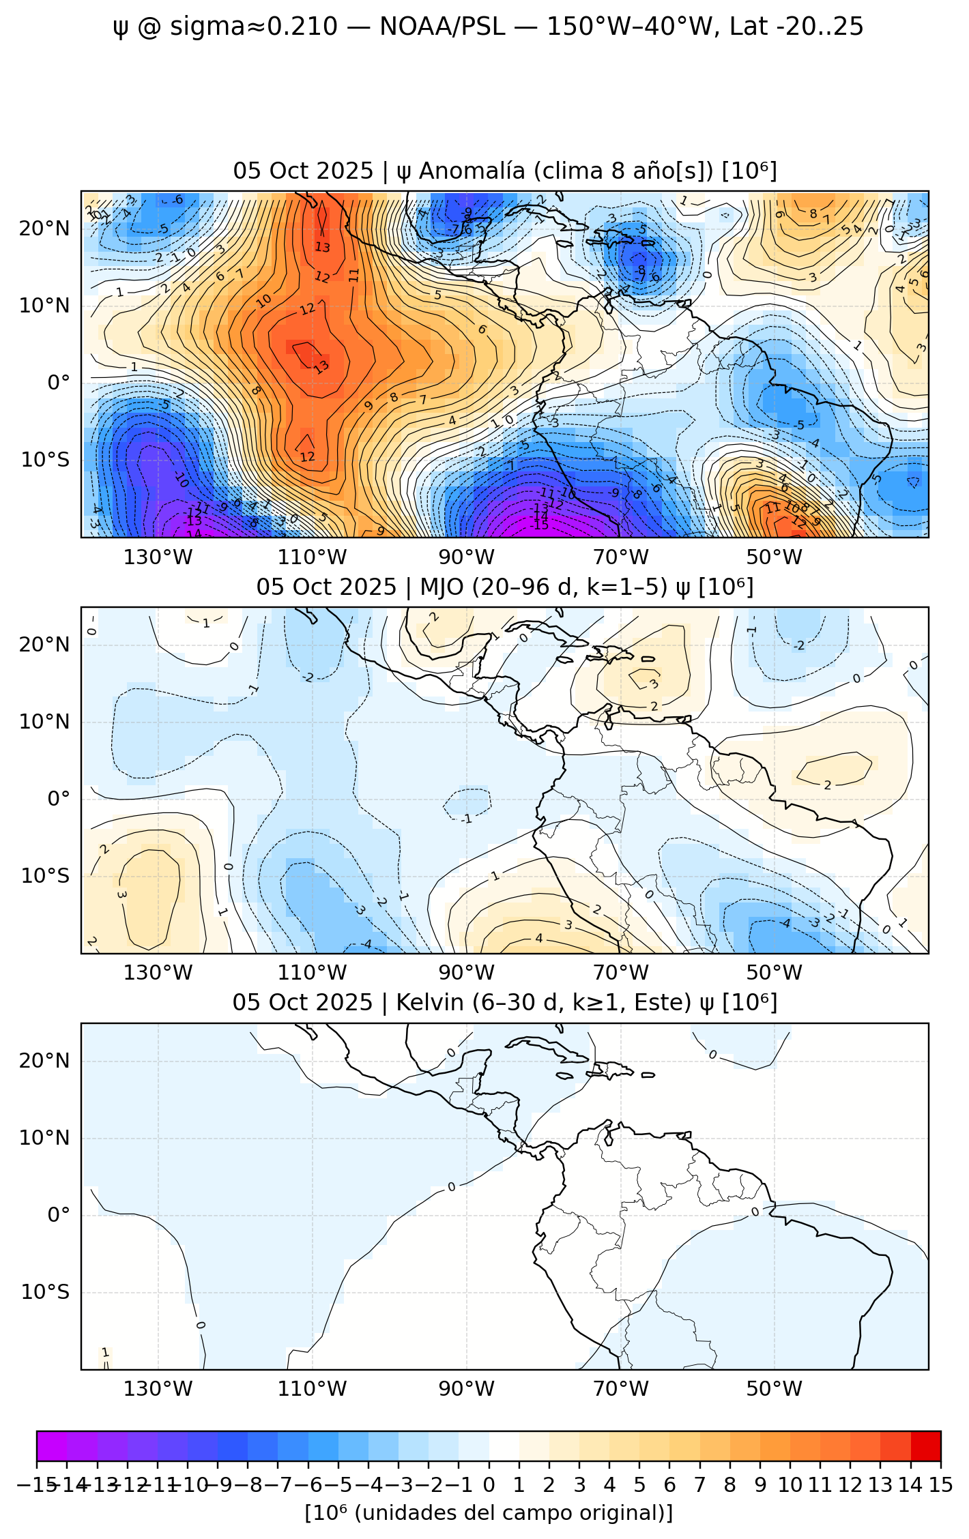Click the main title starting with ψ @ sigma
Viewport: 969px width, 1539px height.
pyautogui.click(x=488, y=27)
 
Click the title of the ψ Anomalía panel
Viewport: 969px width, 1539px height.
pyautogui.click(x=505, y=171)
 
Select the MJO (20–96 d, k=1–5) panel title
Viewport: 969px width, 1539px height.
pyautogui.click(x=505, y=587)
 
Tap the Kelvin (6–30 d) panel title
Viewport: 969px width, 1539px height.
pyautogui.click(x=505, y=1003)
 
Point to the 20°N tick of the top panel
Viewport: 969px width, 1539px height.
pyautogui.click(x=45, y=229)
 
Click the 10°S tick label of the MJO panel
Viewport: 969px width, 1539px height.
pyautogui.click(x=45, y=876)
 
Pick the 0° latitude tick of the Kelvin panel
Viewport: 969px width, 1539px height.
pyautogui.click(x=59, y=1215)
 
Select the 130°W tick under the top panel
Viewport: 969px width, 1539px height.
pyautogui.click(x=158, y=557)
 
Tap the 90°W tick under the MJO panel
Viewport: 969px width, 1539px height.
pyautogui.click(x=467, y=973)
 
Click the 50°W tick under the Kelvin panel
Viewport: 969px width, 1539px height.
pyautogui.click(x=775, y=1389)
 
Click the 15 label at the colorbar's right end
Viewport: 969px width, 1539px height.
pyautogui.click(x=940, y=1485)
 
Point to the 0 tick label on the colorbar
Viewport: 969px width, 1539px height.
pyautogui.click(x=489, y=1485)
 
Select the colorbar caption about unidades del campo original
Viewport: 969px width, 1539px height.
pyautogui.click(x=489, y=1513)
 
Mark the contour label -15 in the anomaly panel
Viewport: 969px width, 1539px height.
pyautogui.click(x=541, y=525)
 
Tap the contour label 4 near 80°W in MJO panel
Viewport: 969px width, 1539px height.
pyautogui.click(x=539, y=939)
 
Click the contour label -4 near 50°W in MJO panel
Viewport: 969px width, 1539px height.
pyautogui.click(x=785, y=924)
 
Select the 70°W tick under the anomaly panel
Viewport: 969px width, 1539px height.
pyautogui.click(x=620, y=557)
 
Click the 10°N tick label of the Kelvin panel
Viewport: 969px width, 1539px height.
pyautogui.click(x=45, y=1138)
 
